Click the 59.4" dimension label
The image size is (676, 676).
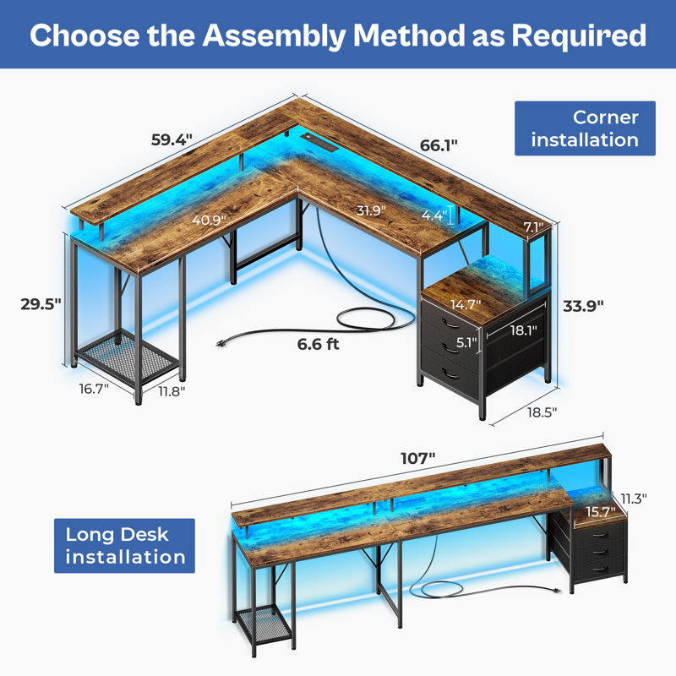pyautogui.click(x=172, y=139)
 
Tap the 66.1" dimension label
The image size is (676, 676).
pyautogui.click(x=439, y=145)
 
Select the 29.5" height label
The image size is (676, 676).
pyautogui.click(x=41, y=304)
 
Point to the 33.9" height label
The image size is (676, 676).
pyautogui.click(x=583, y=306)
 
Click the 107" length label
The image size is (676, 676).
pyautogui.click(x=417, y=458)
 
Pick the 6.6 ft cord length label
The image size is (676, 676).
pyautogui.click(x=319, y=344)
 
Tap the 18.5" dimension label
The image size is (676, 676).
pyautogui.click(x=542, y=412)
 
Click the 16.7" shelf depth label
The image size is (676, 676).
pyautogui.click(x=94, y=389)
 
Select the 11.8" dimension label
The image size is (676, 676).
pyautogui.click(x=172, y=391)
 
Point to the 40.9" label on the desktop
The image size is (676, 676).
pyautogui.click(x=209, y=221)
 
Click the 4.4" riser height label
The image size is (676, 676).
pyautogui.click(x=434, y=215)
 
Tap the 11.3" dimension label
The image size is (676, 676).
pyautogui.click(x=634, y=499)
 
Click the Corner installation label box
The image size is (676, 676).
pyautogui.click(x=585, y=128)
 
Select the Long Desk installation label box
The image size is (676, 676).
pyautogui.click(x=124, y=546)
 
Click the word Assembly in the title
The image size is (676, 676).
pyautogui.click(x=274, y=35)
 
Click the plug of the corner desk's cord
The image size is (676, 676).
pyautogui.click(x=221, y=343)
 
